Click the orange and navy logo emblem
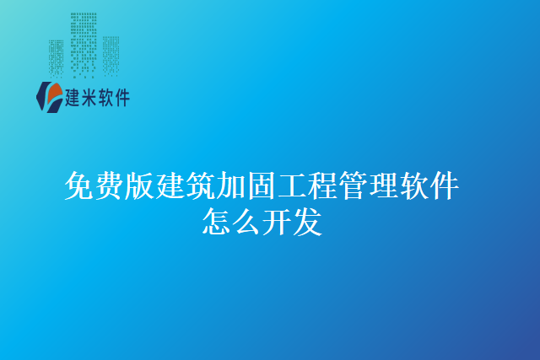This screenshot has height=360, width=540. click(x=49, y=97)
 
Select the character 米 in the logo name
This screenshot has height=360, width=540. click(x=90, y=99)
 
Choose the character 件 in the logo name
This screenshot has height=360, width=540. click(x=122, y=99)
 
